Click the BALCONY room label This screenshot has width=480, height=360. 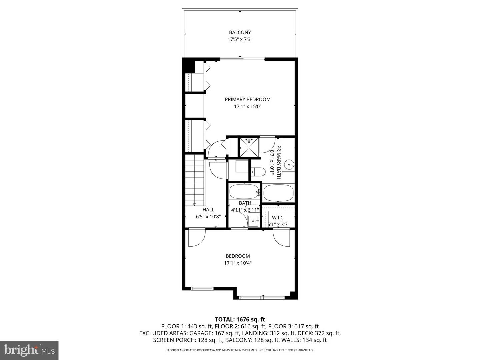tap(240, 32)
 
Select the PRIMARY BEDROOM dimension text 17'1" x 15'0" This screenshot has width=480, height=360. tap(247, 107)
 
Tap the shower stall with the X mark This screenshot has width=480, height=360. tap(249, 147)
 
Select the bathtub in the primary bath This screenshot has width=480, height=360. tap(278, 193)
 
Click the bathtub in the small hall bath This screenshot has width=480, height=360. tap(244, 192)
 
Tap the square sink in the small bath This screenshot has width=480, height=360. tap(253, 221)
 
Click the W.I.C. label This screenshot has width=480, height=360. tap(278, 218)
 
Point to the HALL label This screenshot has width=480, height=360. tap(208, 210)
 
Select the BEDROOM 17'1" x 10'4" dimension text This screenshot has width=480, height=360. tap(238, 263)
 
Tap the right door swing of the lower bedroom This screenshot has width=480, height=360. tap(282, 238)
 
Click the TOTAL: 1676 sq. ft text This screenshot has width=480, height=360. tap(240, 319)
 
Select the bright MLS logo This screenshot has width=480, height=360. tap(29, 350)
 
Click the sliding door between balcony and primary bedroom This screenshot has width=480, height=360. tap(242, 59)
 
